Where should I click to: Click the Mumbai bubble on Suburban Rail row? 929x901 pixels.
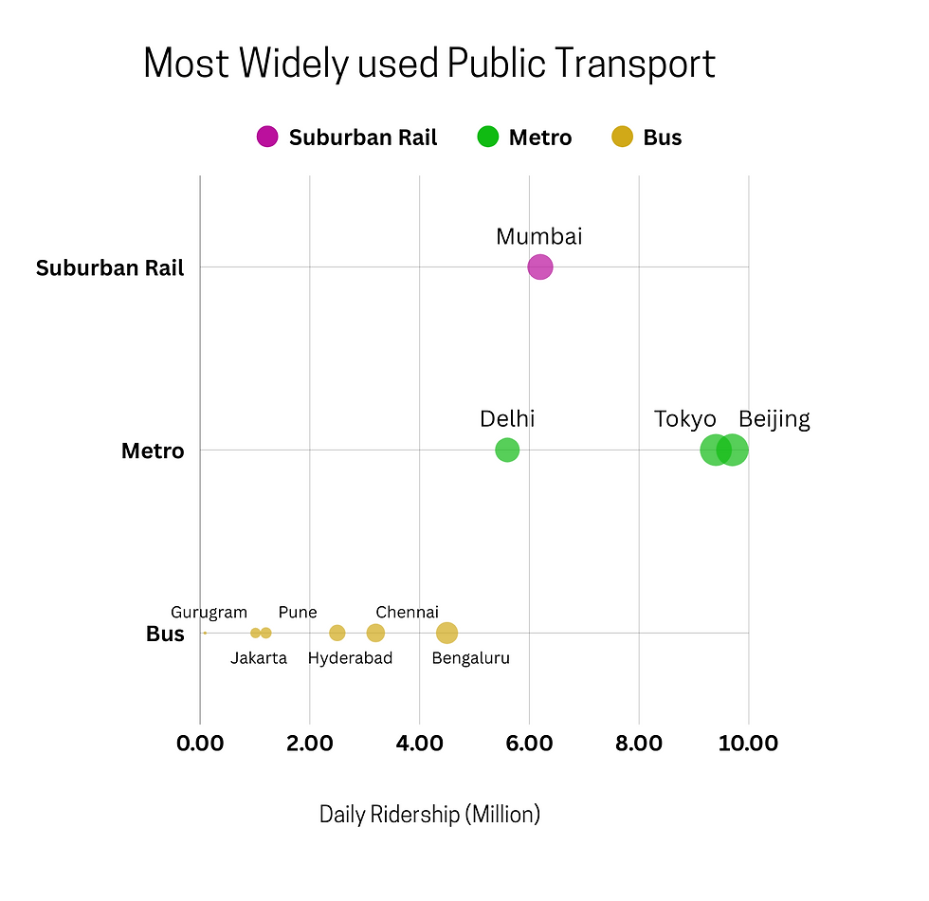539,267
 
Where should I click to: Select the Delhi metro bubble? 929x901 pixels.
507,450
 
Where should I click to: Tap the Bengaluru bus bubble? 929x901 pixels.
446,633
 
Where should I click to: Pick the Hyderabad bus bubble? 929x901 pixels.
337,633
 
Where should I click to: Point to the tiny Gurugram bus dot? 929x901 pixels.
205,633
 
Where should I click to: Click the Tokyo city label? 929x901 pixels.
684,419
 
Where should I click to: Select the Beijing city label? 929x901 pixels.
774,419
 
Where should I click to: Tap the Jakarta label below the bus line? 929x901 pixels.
258,658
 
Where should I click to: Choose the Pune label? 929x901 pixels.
298,613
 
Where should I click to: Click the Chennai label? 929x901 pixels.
407,613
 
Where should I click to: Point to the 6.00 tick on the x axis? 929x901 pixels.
529,743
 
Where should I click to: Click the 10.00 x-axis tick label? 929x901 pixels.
748,743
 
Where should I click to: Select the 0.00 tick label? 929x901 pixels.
200,743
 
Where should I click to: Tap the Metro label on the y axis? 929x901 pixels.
153,451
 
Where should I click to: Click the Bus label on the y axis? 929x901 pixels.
165,634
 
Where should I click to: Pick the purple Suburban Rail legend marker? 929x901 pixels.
267,137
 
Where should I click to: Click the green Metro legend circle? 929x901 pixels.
487,137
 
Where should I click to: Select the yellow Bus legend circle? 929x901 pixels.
622,137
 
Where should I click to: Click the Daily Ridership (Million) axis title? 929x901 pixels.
429,814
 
